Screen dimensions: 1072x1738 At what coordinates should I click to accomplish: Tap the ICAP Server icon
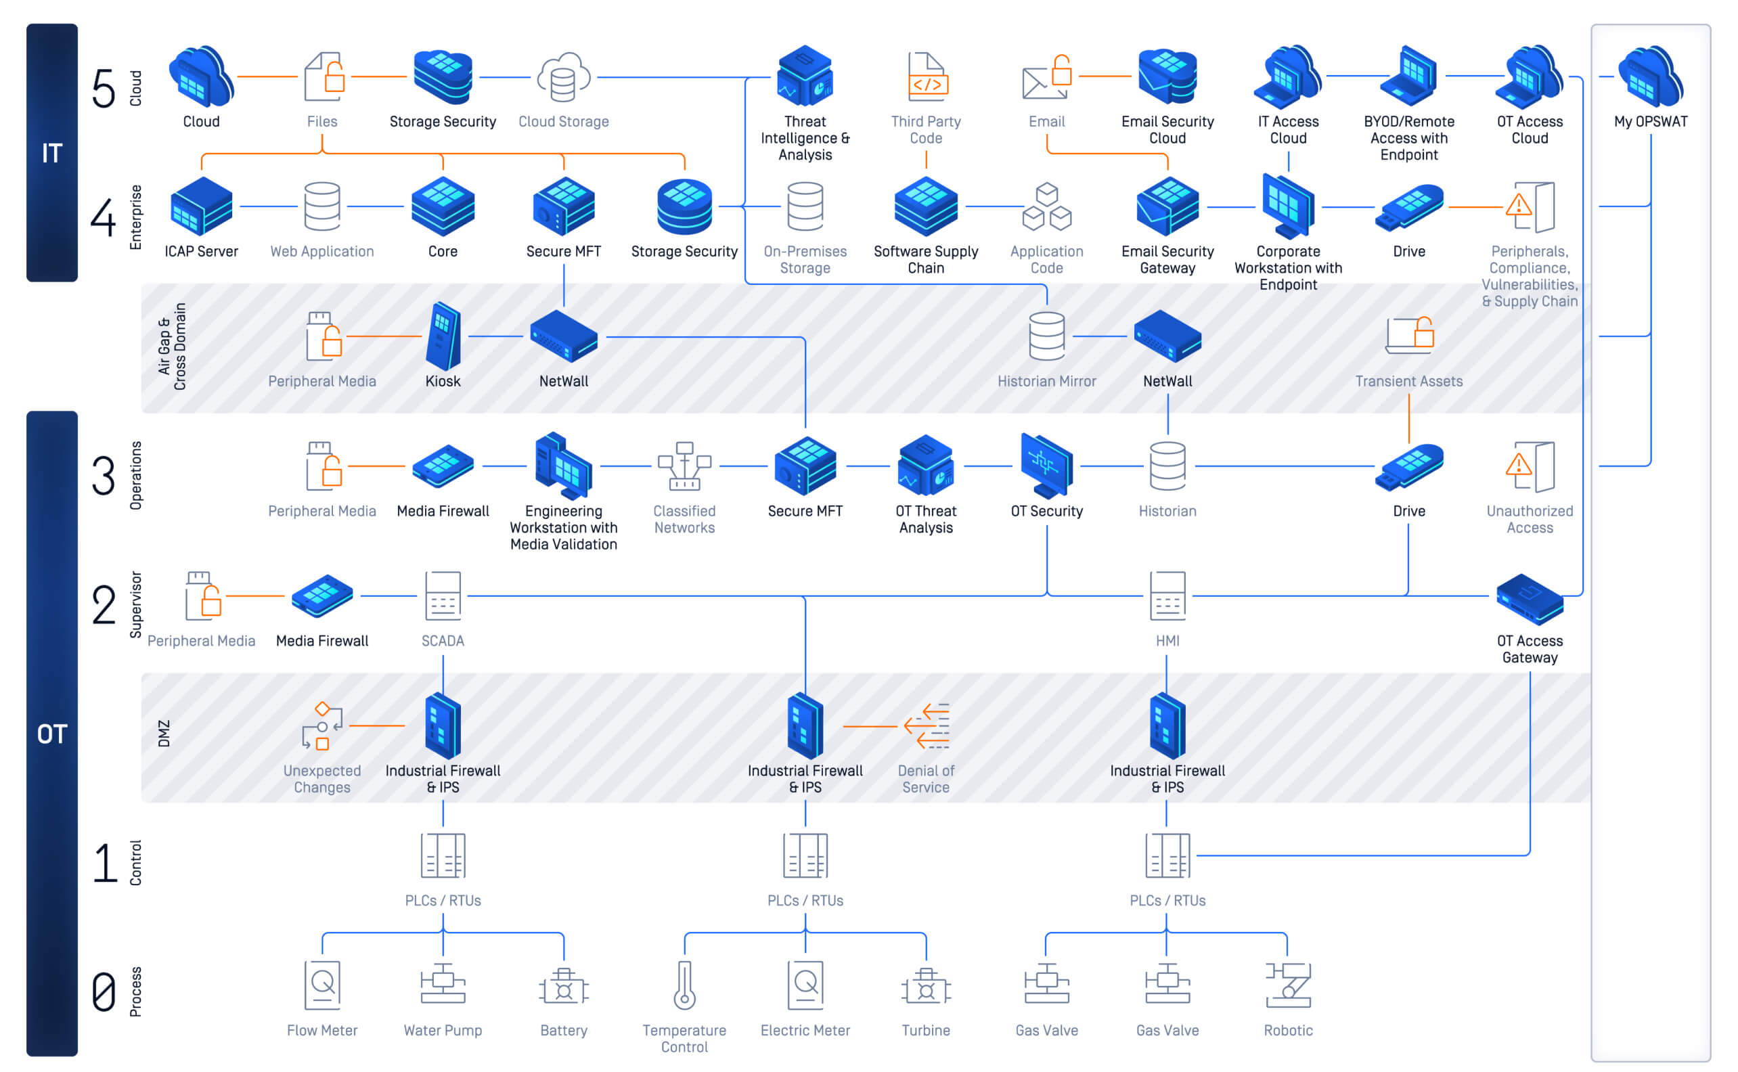(201, 206)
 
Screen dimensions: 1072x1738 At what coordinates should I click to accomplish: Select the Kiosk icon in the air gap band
(443, 336)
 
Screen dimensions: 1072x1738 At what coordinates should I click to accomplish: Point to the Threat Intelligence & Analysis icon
(805, 76)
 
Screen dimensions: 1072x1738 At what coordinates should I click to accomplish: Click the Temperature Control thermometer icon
(684, 985)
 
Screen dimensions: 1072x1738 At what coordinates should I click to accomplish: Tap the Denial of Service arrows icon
(927, 726)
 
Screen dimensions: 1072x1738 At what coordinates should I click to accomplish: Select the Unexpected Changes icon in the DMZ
(321, 726)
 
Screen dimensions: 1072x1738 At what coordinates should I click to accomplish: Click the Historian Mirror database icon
(1046, 336)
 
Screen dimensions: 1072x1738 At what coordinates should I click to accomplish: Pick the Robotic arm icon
(1288, 985)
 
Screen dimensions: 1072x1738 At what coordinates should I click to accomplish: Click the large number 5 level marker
(104, 89)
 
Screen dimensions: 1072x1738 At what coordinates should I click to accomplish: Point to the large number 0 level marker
(104, 992)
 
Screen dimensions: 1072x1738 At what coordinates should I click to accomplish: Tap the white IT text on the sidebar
(51, 153)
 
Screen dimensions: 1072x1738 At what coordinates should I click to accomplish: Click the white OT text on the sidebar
(51, 734)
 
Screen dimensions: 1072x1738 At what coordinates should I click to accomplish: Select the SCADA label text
(443, 641)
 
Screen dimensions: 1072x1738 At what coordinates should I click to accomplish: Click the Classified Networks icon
(684, 466)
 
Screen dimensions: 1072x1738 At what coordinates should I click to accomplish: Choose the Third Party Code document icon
(927, 76)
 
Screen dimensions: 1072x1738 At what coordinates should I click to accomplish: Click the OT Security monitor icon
(1046, 466)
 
